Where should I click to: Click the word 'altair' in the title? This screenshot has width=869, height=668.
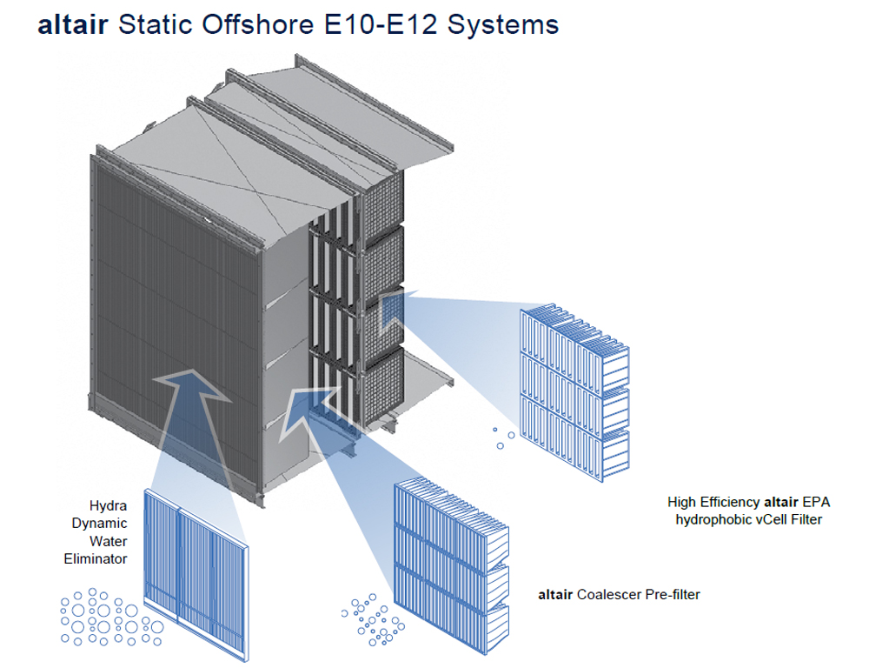[73, 25]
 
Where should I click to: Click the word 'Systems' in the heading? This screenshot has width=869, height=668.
[503, 26]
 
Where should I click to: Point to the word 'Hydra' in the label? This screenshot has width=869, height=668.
[108, 506]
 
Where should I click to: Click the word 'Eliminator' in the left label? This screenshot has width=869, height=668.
[96, 558]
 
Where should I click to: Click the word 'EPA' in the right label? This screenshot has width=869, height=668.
[816, 503]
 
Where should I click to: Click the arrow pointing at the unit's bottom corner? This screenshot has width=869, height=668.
[310, 414]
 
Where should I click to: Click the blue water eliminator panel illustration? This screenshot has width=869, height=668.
[196, 573]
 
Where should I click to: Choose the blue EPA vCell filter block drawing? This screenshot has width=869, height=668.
[574, 392]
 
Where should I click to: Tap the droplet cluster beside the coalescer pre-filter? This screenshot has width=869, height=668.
[373, 620]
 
